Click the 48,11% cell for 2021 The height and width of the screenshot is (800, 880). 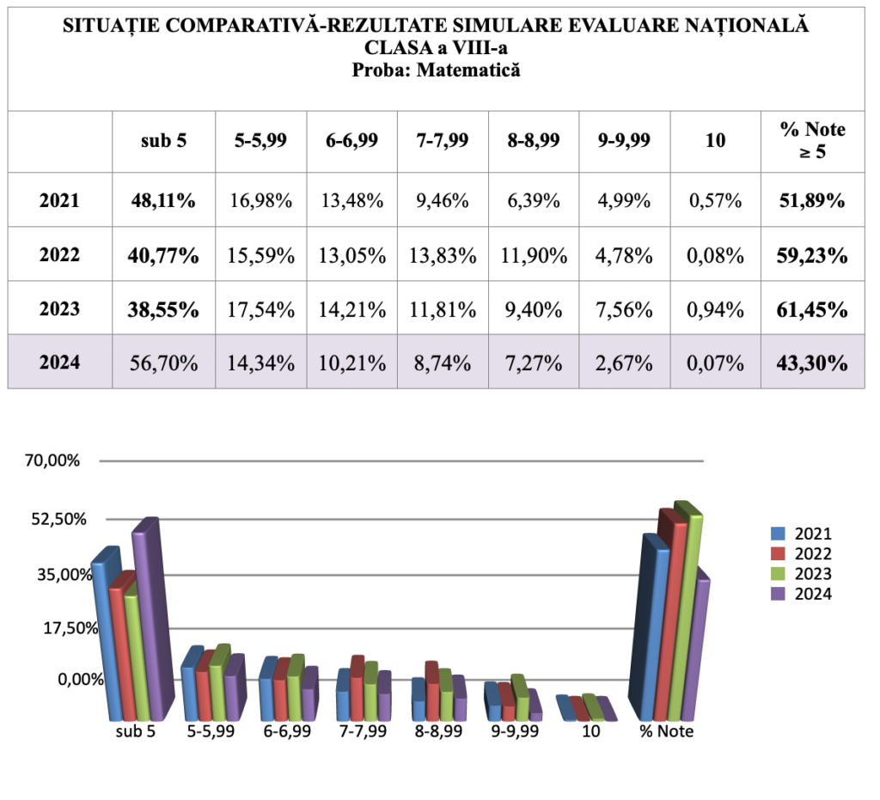(x=163, y=201)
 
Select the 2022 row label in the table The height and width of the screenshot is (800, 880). (x=59, y=255)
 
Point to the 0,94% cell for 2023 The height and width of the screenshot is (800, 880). (x=715, y=309)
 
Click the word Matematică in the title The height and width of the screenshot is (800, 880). (x=467, y=70)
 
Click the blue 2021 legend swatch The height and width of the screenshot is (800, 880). (x=779, y=533)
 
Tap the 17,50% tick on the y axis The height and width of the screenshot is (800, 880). (x=52, y=627)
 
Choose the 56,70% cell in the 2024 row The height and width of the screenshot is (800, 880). (x=163, y=363)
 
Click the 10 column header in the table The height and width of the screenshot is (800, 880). (x=715, y=141)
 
